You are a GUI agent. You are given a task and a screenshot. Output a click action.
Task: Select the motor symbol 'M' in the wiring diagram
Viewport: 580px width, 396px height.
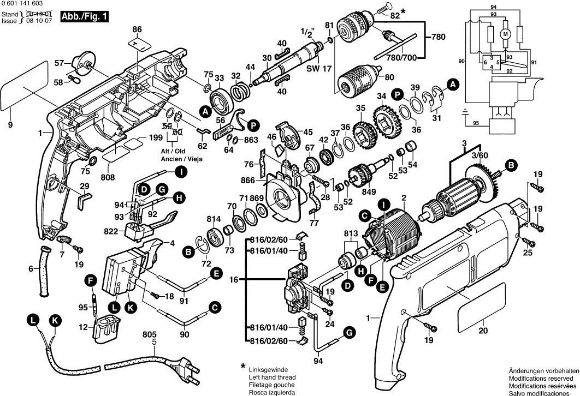click(506, 34)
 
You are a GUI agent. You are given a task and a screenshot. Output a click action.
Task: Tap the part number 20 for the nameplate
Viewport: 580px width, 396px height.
click(482, 330)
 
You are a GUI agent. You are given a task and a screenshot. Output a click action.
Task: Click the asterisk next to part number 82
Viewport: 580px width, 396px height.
click(404, 11)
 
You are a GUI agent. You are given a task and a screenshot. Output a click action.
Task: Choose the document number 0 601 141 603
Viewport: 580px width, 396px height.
click(22, 4)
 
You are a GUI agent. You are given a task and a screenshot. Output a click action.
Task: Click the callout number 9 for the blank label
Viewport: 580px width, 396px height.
click(10, 125)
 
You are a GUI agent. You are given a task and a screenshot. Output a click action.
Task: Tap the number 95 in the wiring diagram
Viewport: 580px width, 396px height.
click(475, 124)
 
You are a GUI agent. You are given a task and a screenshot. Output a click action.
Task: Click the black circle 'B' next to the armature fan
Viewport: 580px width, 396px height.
click(511, 164)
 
